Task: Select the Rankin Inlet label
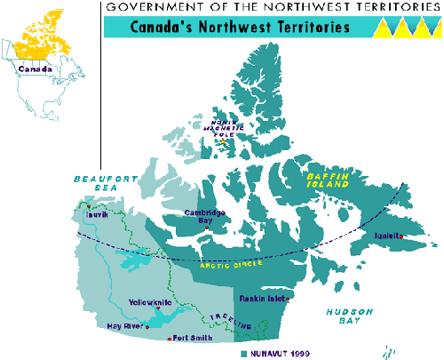click(261, 300)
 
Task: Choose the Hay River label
click(123, 326)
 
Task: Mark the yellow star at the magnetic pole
click(223, 141)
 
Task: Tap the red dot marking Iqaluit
click(400, 236)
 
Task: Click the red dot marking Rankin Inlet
click(286, 300)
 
